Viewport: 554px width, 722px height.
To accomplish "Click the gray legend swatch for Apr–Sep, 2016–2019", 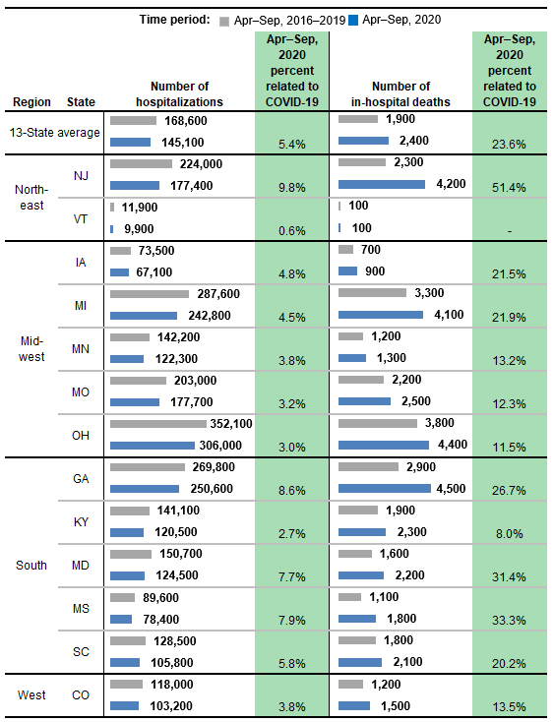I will pyautogui.click(x=225, y=20).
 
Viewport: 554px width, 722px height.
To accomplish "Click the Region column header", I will pyautogui.click(x=31, y=102).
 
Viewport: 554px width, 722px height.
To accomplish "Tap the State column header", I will pyautogui.click(x=81, y=102).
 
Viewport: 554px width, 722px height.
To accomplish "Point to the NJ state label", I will pyautogui.click(x=81, y=175).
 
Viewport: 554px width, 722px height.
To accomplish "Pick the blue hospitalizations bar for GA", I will pyautogui.click(x=145, y=488).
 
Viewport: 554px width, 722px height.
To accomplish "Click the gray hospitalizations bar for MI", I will pyautogui.click(x=150, y=294).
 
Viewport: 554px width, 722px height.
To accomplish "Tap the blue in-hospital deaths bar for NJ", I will pyautogui.click(x=382, y=184).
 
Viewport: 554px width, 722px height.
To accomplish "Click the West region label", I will pyautogui.click(x=31, y=695).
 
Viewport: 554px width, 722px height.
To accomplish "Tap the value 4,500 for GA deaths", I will pyautogui.click(x=452, y=488).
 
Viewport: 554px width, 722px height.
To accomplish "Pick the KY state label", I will pyautogui.click(x=81, y=521).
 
